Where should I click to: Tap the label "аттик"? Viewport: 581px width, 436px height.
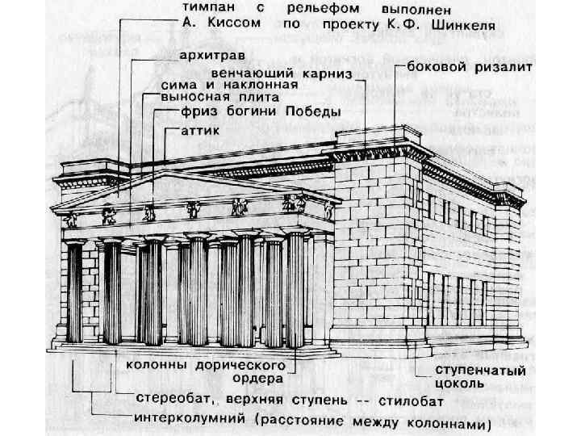tap(195, 128)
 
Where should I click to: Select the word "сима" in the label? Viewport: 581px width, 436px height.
tap(178, 84)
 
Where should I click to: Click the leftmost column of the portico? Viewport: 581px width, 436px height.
tap(75, 291)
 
